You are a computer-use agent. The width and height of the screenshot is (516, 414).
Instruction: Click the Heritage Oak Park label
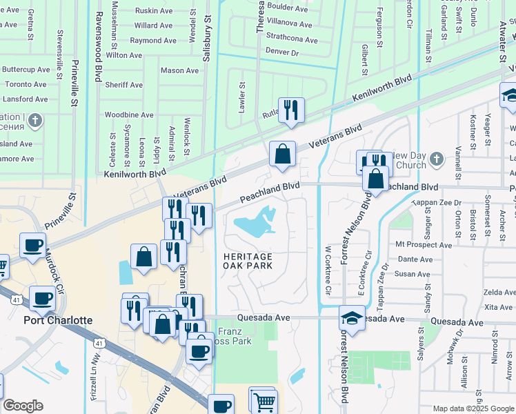(248, 261)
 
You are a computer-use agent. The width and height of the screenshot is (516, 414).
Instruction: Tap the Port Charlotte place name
(58, 320)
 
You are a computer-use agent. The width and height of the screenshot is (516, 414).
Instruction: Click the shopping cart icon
(264, 401)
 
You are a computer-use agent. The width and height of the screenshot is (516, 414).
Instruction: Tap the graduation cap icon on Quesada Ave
(352, 319)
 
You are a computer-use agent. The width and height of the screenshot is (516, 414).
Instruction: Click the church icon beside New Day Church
(435, 160)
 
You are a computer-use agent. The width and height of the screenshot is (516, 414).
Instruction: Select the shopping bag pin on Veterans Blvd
(282, 155)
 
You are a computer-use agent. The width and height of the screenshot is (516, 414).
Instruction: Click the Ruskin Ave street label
(153, 11)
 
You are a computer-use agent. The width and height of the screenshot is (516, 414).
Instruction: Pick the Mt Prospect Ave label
(424, 245)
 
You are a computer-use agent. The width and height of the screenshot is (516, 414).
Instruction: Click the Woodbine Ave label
(128, 115)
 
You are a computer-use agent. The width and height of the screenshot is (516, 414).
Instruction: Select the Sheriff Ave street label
(124, 85)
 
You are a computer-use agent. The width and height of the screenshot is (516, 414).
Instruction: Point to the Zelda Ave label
(499, 293)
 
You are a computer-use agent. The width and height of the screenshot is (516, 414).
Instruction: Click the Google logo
(23, 406)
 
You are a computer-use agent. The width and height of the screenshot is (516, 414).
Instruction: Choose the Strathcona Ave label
(289, 38)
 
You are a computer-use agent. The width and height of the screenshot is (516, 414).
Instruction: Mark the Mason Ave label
(179, 70)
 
